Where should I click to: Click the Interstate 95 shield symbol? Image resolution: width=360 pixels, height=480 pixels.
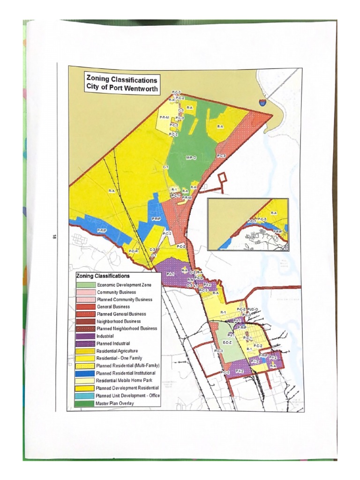[263, 101]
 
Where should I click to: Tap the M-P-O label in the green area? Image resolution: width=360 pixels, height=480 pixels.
[190, 157]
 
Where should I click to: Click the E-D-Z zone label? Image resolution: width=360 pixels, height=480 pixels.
[227, 343]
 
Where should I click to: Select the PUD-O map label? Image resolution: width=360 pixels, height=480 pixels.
[253, 309]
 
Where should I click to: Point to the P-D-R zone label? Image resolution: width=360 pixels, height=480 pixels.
[134, 251]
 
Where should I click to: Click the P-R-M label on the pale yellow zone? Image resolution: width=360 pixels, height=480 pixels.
[164, 117]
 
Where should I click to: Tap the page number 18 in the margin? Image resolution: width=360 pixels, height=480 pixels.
[55, 238]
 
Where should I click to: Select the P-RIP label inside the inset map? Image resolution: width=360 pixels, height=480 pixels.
[277, 231]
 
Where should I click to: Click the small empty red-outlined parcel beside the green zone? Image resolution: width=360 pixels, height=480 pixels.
[223, 177]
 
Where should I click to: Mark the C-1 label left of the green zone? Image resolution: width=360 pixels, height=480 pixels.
[165, 167]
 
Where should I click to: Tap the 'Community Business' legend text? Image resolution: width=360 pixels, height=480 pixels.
[116, 292]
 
